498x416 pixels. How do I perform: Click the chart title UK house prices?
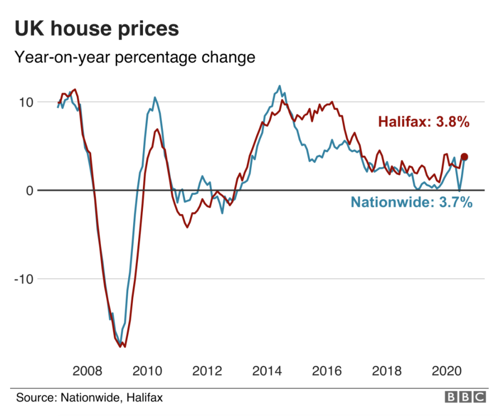click(97, 29)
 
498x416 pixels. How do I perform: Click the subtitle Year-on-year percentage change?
click(135, 58)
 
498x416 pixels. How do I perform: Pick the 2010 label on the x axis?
click(147, 371)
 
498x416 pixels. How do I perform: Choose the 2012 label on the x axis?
click(207, 371)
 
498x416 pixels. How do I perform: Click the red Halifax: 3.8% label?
click(423, 123)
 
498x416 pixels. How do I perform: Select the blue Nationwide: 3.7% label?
click(411, 202)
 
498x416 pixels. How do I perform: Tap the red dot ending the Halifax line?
click(464, 157)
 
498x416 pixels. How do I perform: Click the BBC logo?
click(465, 397)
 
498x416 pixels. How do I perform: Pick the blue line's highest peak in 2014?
click(279, 86)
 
